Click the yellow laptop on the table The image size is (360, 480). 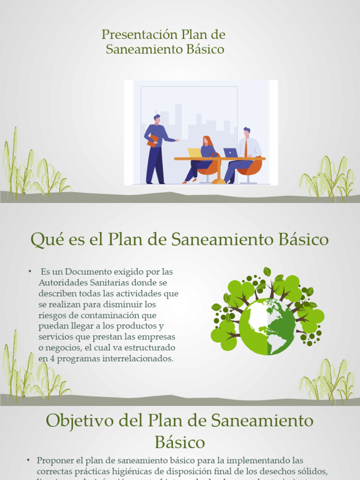[195, 153]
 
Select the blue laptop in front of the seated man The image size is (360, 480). [230, 153]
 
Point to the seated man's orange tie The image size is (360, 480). [246, 149]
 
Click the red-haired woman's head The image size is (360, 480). [207, 141]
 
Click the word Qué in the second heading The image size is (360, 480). [45, 240]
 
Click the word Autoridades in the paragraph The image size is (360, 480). [62, 283]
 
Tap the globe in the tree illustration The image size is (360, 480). [267, 327]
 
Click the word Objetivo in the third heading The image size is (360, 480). [79, 420]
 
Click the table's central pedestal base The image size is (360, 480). [219, 181]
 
